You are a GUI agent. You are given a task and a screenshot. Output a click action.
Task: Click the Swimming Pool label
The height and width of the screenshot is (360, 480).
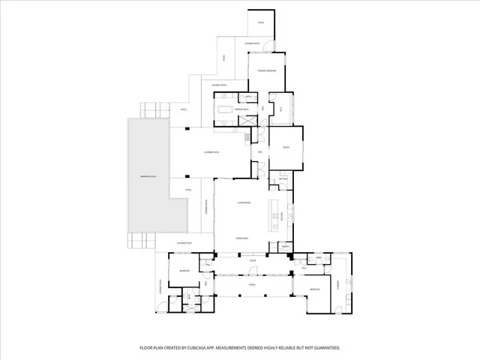(x=147, y=176)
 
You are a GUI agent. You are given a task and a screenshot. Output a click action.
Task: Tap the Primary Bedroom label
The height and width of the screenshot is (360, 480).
(x=268, y=71)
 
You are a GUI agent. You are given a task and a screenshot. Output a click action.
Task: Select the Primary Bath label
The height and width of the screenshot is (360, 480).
(x=241, y=110)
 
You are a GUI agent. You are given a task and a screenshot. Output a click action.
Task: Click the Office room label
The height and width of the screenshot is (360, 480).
(x=286, y=148)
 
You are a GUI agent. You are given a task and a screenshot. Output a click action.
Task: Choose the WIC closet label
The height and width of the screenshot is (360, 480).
(x=281, y=109)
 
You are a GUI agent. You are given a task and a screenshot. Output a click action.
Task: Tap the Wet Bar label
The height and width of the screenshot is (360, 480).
(x=283, y=179)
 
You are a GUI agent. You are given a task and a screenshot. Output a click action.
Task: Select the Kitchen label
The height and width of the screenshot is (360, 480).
(x=281, y=216)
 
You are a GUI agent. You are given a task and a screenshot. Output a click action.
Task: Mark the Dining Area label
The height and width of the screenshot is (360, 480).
(x=242, y=238)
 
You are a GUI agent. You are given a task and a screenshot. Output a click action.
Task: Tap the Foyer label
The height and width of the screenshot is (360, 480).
(x=253, y=261)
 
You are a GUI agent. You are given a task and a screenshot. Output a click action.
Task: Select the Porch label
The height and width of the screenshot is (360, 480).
(x=252, y=285)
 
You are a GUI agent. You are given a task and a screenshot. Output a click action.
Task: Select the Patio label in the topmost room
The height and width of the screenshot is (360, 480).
(x=261, y=23)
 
